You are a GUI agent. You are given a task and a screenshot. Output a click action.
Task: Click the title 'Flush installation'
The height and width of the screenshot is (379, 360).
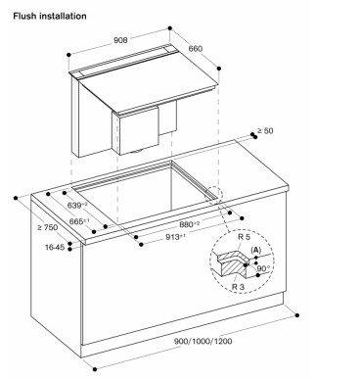pyautogui.click(x=50, y=16)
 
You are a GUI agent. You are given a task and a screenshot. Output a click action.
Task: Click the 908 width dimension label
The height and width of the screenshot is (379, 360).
pyautogui.click(x=120, y=40)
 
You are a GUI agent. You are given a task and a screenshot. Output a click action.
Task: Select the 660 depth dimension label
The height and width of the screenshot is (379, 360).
pyautogui.click(x=196, y=49)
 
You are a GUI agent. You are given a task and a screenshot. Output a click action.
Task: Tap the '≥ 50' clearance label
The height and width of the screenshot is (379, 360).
pyautogui.click(x=265, y=130)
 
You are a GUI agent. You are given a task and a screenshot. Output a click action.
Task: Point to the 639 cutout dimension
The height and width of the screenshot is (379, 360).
pyautogui.click(x=76, y=206)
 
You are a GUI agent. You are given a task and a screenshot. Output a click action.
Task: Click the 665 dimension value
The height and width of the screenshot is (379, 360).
pyautogui.click(x=78, y=221)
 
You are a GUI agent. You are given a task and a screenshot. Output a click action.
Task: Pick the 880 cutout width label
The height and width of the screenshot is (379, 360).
pyautogui.click(x=190, y=224)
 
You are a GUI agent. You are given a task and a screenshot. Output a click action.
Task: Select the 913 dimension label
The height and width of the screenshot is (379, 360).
pyautogui.click(x=176, y=237)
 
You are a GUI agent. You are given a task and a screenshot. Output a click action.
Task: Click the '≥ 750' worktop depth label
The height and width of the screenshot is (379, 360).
pyautogui.click(x=47, y=227)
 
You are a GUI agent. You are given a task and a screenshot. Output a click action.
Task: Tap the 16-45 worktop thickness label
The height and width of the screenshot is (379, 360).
pyautogui.click(x=55, y=248)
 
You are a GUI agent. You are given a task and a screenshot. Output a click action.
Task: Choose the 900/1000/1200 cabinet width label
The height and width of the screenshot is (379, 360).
pyautogui.click(x=203, y=341)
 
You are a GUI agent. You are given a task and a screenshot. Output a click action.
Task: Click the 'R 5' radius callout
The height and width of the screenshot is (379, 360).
pyautogui.click(x=244, y=237)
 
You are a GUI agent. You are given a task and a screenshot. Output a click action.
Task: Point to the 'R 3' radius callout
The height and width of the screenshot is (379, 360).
pyautogui.click(x=238, y=287)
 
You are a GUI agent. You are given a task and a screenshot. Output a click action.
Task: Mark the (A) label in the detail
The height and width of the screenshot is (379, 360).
pyautogui.click(x=256, y=250)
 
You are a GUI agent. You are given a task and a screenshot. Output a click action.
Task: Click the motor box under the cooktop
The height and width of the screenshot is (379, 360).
pyautogui.click(x=136, y=131)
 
